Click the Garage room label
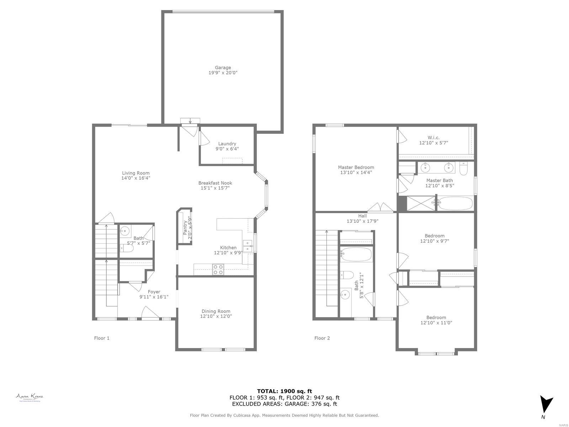[223, 68]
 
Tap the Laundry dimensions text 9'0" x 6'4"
[227, 149]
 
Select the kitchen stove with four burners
[218, 269]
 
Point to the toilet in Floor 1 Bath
[127, 248]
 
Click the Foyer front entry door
[149, 313]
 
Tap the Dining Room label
[216, 311]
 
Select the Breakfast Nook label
[215, 183]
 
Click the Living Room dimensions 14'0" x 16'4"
[136, 178]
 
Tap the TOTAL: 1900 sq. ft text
[284, 391]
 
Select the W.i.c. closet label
[434, 137]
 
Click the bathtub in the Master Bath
[455, 204]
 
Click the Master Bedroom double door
[378, 207]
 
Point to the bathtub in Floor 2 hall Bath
[356, 254]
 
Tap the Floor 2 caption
[322, 338]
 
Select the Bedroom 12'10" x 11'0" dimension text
[436, 323]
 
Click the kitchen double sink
[248, 246]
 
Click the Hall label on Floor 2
[362, 216]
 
